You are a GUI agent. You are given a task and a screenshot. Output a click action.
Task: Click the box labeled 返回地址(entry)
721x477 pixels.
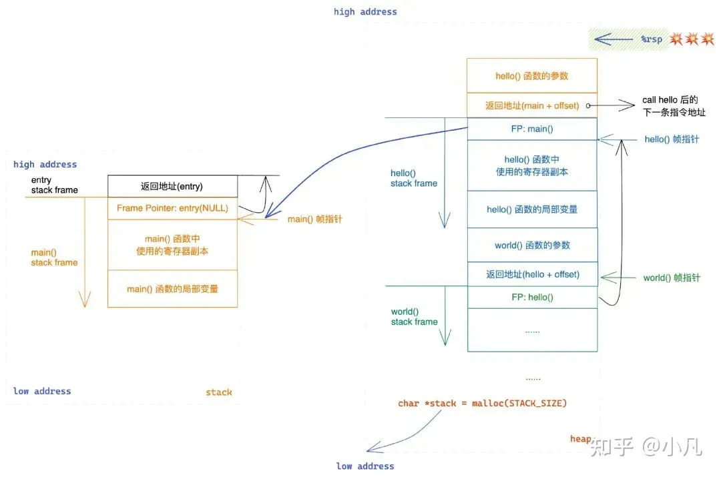(x=172, y=186)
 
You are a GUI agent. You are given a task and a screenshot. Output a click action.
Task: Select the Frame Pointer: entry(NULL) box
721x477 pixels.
(x=172, y=208)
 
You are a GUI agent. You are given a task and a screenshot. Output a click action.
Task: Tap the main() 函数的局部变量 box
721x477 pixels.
(x=172, y=289)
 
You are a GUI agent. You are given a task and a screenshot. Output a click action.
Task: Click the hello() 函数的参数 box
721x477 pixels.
(x=532, y=76)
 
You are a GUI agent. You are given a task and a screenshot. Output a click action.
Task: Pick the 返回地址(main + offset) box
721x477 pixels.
(x=532, y=105)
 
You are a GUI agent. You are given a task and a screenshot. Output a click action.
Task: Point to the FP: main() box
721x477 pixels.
(x=532, y=129)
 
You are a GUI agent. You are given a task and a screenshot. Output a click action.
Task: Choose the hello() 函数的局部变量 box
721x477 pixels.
(x=532, y=209)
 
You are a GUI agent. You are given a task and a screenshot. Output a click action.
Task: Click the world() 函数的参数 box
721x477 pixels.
(x=532, y=245)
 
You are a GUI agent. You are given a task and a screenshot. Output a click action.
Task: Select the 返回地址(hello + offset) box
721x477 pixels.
(x=532, y=274)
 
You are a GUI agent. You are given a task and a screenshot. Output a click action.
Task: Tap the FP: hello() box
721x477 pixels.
(x=532, y=298)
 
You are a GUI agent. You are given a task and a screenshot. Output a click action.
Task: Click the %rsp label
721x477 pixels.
(x=652, y=39)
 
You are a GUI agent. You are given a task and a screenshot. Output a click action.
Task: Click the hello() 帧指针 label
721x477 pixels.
(x=672, y=139)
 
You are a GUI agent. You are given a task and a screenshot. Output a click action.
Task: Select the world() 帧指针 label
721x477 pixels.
(x=672, y=278)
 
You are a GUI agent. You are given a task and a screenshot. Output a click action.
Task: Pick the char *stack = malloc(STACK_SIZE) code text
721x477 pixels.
(x=482, y=403)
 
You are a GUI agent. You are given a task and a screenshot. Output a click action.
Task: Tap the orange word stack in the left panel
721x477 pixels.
(x=218, y=392)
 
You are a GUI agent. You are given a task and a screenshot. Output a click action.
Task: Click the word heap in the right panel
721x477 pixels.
(x=580, y=438)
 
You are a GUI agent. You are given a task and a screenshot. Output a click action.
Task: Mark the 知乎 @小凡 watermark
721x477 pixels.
(x=646, y=446)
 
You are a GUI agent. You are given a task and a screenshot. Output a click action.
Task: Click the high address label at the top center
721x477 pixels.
(x=365, y=11)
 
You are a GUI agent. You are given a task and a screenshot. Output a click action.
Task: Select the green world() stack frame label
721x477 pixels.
(x=414, y=316)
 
